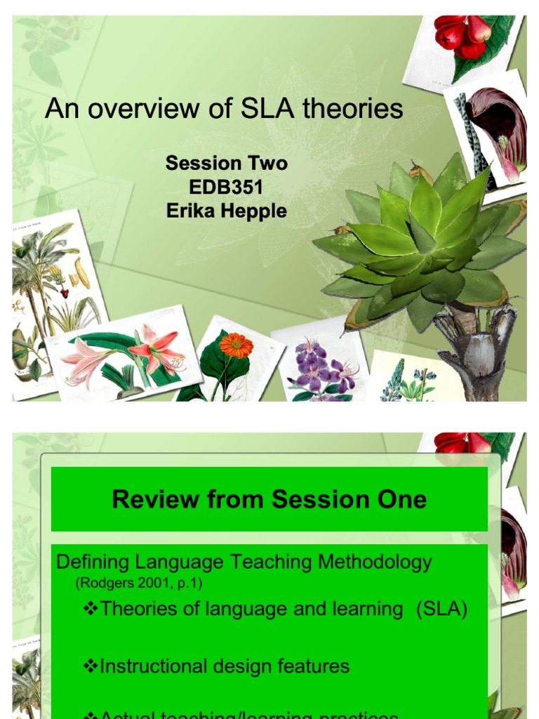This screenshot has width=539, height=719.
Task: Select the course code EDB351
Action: (226, 187)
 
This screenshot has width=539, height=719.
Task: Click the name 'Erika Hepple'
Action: (226, 211)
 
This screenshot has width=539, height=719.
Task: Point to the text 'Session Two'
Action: (226, 164)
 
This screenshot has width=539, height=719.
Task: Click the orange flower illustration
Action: (235, 345)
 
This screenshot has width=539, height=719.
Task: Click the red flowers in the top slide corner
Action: (463, 35)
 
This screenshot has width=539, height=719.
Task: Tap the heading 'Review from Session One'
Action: (269, 499)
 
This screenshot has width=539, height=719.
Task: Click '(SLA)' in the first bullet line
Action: (441, 608)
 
